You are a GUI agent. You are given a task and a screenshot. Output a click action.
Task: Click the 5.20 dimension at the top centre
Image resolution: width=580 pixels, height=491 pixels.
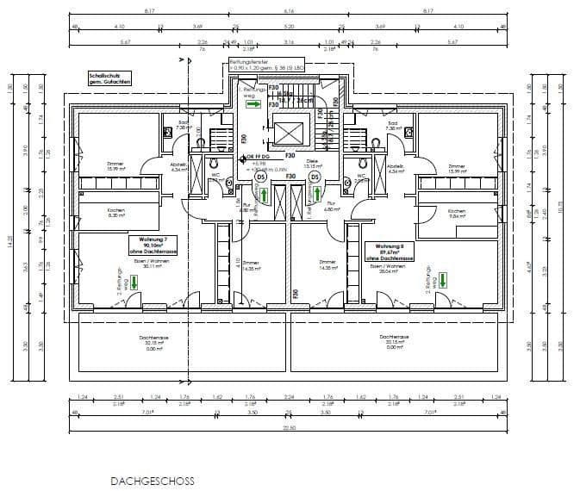tap(290, 28)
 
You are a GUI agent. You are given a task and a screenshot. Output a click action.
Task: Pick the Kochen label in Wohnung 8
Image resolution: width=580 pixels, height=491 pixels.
tap(457, 214)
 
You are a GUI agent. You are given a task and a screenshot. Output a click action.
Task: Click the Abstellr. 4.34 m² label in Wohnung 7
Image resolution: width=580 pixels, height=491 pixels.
tap(179, 168)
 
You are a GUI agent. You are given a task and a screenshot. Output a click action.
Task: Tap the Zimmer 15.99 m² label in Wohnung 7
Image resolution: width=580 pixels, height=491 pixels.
tap(115, 166)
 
